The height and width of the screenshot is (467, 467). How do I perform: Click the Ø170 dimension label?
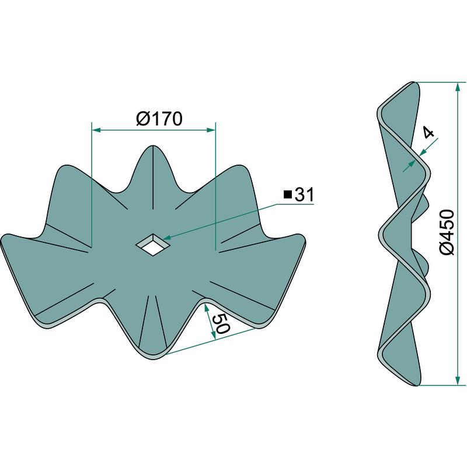click(159, 119)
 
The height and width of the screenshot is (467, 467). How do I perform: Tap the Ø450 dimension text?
click(447, 232)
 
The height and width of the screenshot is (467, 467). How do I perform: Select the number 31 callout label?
click(304, 195)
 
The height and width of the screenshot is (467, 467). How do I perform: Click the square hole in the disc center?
click(153, 244)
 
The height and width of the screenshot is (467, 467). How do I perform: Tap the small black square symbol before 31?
click(287, 196)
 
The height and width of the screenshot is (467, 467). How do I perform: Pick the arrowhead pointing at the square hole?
click(168, 237)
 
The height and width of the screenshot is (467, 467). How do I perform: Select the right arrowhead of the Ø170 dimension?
click(210, 130)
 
